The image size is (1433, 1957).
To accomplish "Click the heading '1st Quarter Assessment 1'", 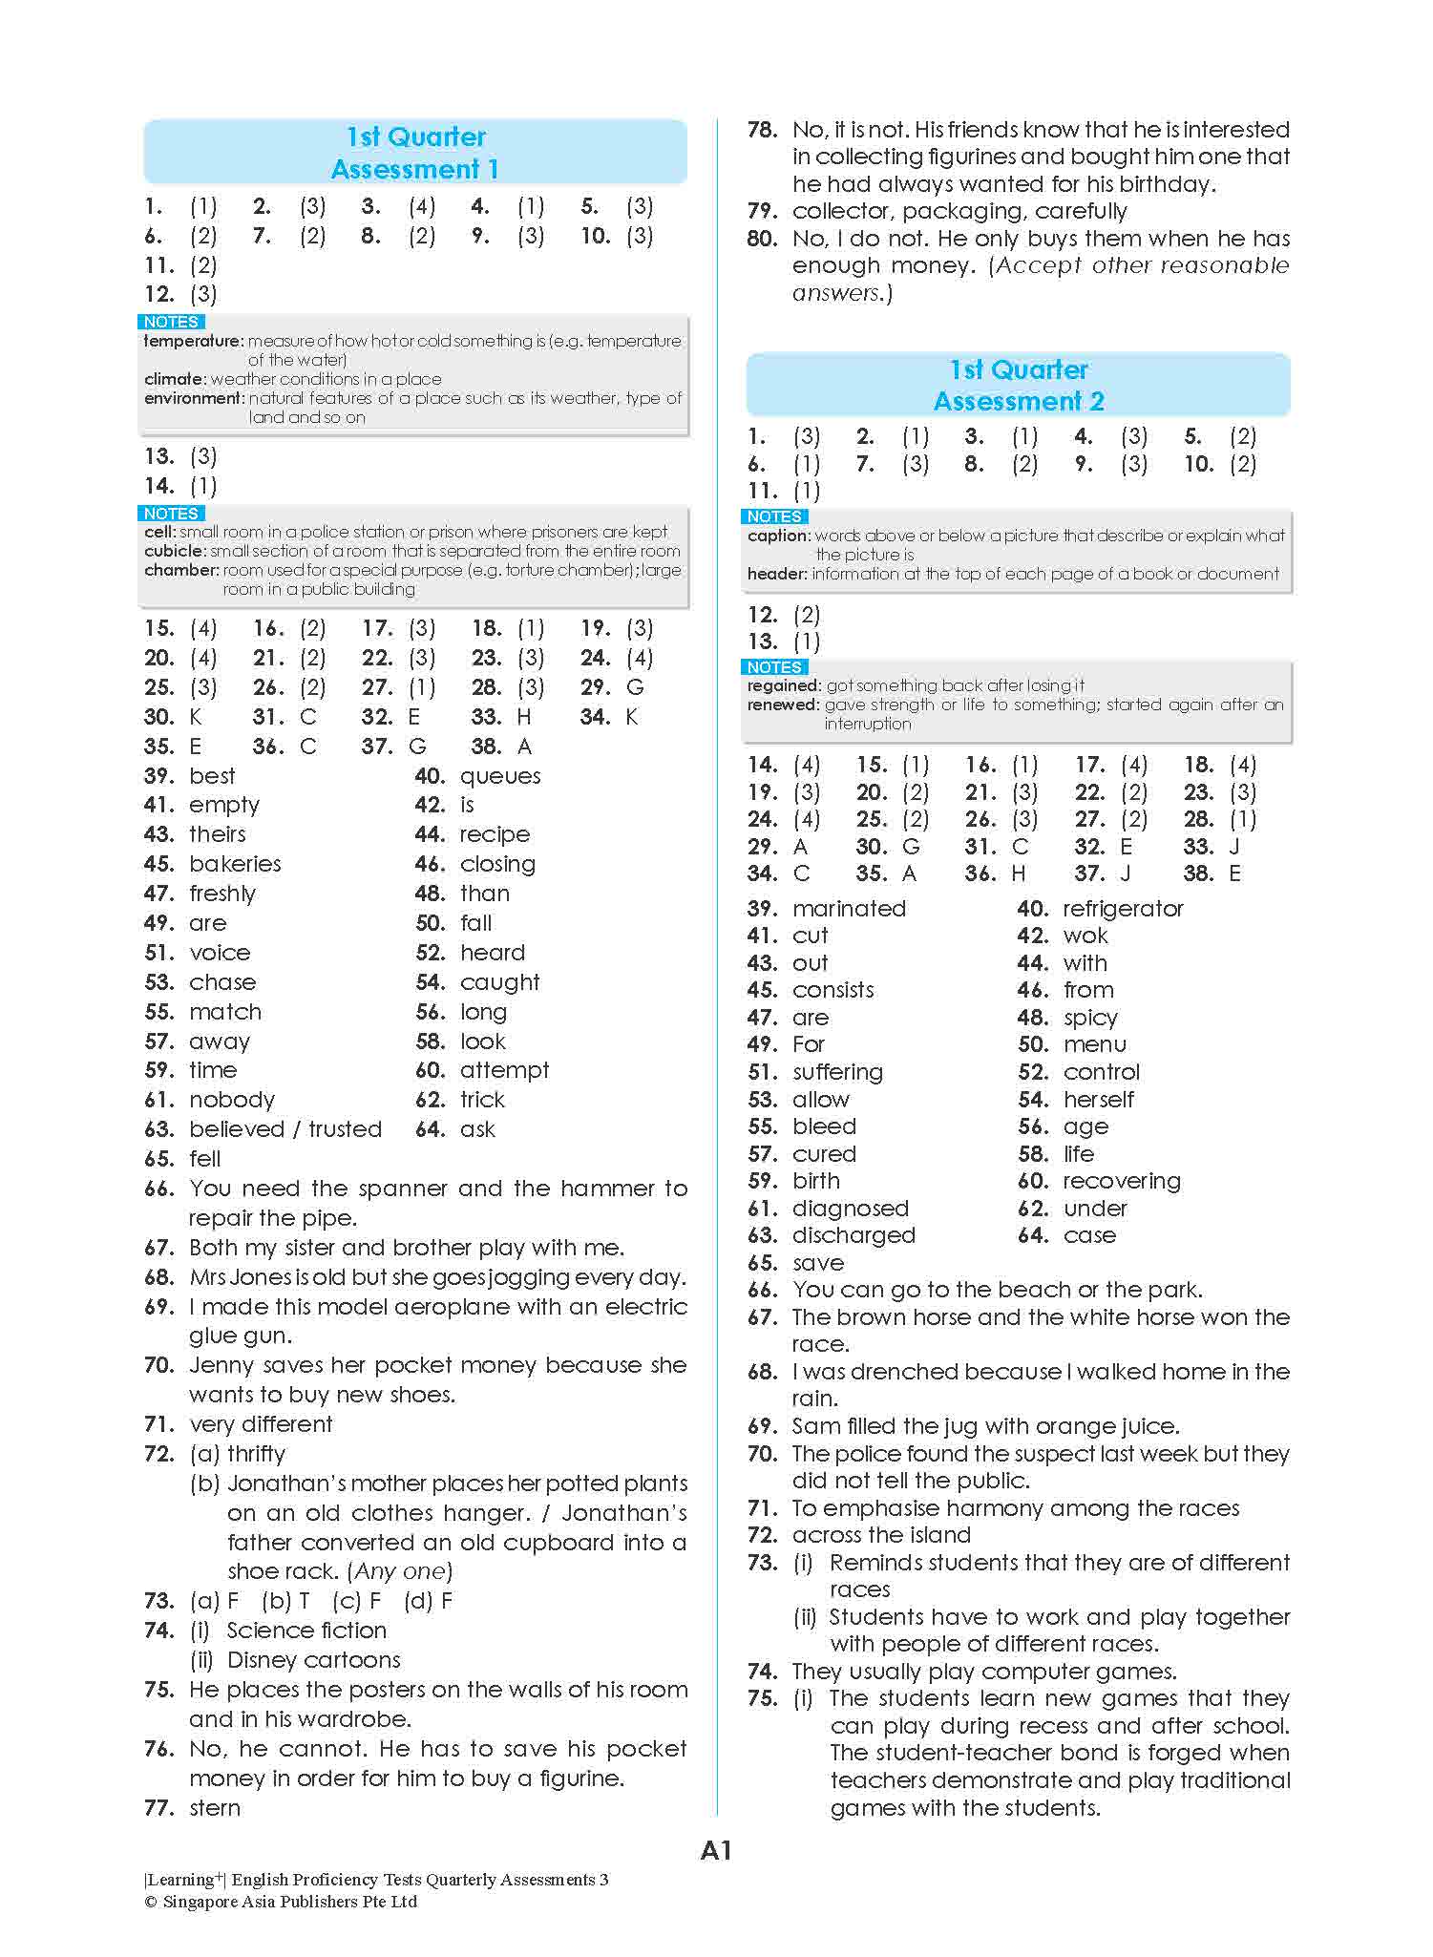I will pos(414,153).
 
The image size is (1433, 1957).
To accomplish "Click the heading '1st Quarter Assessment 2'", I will pos(1018,385).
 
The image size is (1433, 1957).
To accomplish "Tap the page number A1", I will pos(716,1851).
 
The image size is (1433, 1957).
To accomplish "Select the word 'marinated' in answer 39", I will pos(849,908).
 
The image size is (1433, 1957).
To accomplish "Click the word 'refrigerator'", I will pos(1123,908).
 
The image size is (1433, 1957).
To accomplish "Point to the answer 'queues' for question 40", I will pos(500,776).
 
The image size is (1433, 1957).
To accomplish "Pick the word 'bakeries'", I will pos(235,864).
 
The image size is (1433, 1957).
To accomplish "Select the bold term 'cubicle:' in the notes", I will pos(175,551).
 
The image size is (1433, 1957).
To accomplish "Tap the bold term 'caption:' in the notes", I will pos(778,536).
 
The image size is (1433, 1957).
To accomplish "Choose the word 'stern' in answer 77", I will pos(215,1807).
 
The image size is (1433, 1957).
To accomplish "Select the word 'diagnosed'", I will pos(850,1208).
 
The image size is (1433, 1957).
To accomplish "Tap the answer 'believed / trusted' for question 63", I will pos(285,1129).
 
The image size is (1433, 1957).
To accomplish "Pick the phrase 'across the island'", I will pos(881,1534).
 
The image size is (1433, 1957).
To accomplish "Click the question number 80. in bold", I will pos(763,239).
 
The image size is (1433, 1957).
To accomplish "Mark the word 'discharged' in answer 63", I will pos(853,1235).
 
